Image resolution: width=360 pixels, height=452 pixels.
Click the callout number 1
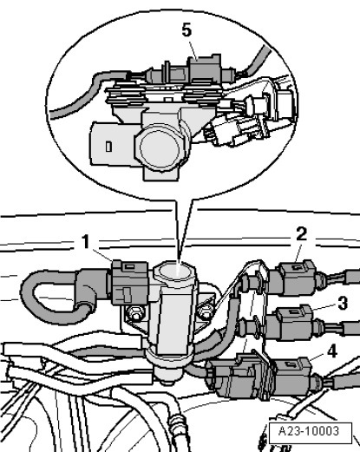(x=86, y=242)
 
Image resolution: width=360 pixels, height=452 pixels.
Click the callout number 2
(x=301, y=234)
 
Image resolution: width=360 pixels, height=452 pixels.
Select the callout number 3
(x=343, y=304)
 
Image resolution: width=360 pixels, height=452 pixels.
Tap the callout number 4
(x=332, y=351)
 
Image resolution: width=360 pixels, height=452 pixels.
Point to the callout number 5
(x=187, y=29)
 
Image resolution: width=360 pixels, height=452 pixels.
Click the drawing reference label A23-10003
(x=309, y=431)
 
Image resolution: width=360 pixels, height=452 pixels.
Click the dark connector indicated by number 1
(x=130, y=282)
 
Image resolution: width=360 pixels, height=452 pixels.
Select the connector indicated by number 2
(x=297, y=277)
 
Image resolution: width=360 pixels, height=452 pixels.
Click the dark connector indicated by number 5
(x=205, y=69)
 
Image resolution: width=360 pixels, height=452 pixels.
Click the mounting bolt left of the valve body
(x=134, y=313)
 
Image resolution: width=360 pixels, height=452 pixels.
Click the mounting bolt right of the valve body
(x=206, y=312)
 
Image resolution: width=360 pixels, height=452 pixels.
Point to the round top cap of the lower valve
(x=174, y=273)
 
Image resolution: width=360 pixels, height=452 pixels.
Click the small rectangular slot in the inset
(x=108, y=147)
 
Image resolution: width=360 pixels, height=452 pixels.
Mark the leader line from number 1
(x=101, y=256)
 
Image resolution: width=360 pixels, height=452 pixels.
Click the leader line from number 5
(x=193, y=50)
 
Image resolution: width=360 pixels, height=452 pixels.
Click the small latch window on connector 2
(x=295, y=267)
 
